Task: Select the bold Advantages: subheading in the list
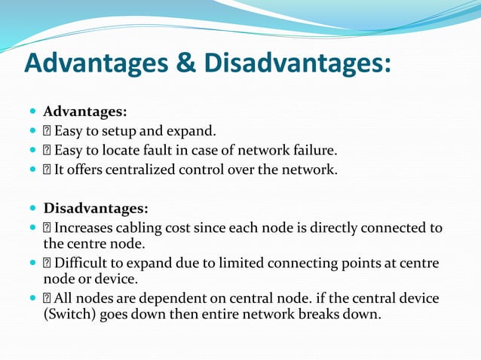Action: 84,112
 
